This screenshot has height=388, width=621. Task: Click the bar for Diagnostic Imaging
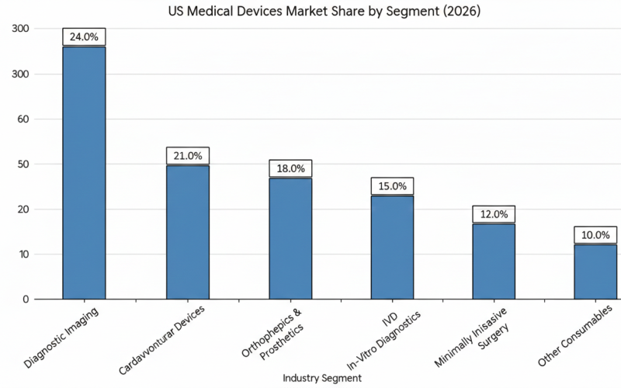tap(84, 173)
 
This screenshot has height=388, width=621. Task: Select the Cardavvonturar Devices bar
tap(187, 232)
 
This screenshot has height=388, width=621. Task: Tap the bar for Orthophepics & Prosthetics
tap(290, 238)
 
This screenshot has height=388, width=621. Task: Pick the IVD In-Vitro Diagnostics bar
tap(392, 247)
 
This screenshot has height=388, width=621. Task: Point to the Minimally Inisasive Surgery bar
tap(494, 261)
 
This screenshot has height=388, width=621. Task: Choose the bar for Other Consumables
tap(595, 272)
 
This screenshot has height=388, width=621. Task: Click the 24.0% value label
tap(84, 36)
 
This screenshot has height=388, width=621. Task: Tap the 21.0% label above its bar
tap(187, 155)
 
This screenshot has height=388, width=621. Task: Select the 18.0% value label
tap(290, 168)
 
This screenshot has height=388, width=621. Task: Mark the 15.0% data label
tap(392, 186)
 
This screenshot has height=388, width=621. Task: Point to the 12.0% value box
tap(494, 214)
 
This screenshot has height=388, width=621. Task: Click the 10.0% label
tap(595, 235)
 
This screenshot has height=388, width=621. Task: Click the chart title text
tap(310, 12)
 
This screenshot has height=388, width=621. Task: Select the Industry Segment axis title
tap(321, 377)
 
